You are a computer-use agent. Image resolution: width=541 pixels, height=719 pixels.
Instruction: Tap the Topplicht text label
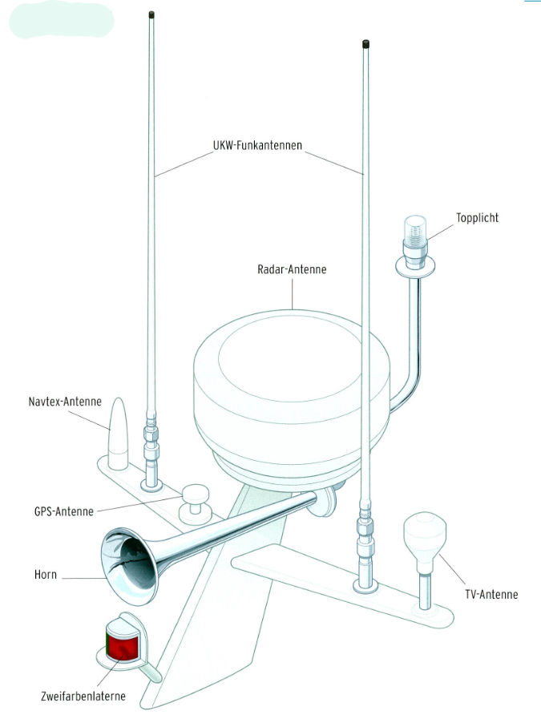[477, 217]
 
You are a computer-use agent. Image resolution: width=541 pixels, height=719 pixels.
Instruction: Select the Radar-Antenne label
[293, 270]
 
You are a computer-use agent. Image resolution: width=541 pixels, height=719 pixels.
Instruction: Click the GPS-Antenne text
[64, 511]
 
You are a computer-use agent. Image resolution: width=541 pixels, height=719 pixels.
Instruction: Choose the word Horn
[46, 575]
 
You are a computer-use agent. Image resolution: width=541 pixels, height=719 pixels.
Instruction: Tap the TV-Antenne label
[491, 594]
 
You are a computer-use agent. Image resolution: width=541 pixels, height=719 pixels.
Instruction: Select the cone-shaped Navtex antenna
[117, 432]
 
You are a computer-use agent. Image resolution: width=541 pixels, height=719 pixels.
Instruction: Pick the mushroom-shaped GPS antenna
[195, 501]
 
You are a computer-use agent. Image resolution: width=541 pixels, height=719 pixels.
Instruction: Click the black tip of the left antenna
[152, 15]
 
